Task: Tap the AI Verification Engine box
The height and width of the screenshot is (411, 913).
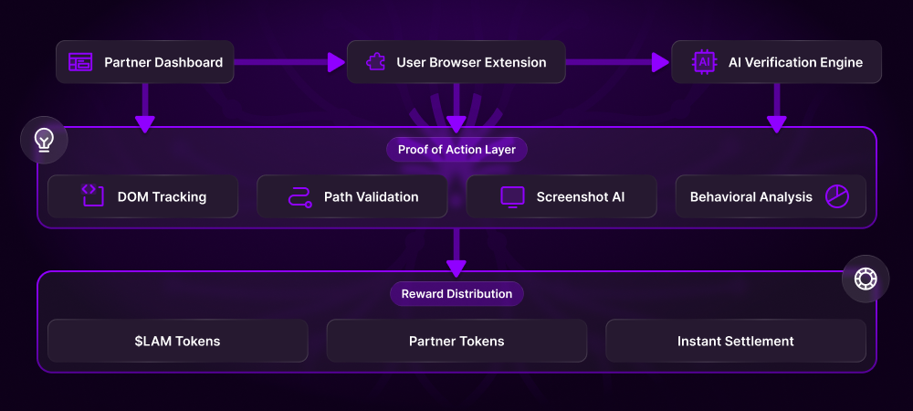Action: [776, 62]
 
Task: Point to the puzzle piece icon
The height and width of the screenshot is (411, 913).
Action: [374, 62]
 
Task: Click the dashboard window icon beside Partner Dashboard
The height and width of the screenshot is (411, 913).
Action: [81, 62]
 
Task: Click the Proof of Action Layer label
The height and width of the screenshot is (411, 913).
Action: [456, 149]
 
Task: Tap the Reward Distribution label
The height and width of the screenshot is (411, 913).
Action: [456, 293]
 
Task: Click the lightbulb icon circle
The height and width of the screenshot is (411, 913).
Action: [43, 139]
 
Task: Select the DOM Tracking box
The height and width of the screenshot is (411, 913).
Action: [142, 196]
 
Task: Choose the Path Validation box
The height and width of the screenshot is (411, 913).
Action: [352, 196]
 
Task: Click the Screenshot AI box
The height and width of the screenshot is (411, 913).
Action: [561, 196]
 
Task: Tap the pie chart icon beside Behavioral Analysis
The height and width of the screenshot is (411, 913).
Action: [837, 196]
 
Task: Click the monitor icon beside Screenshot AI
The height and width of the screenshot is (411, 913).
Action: [512, 196]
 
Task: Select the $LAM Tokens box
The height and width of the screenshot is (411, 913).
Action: [177, 341]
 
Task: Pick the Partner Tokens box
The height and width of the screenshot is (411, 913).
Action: [456, 341]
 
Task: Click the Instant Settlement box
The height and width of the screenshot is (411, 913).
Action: [735, 341]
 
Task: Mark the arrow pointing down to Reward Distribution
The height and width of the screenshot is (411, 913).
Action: [456, 251]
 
